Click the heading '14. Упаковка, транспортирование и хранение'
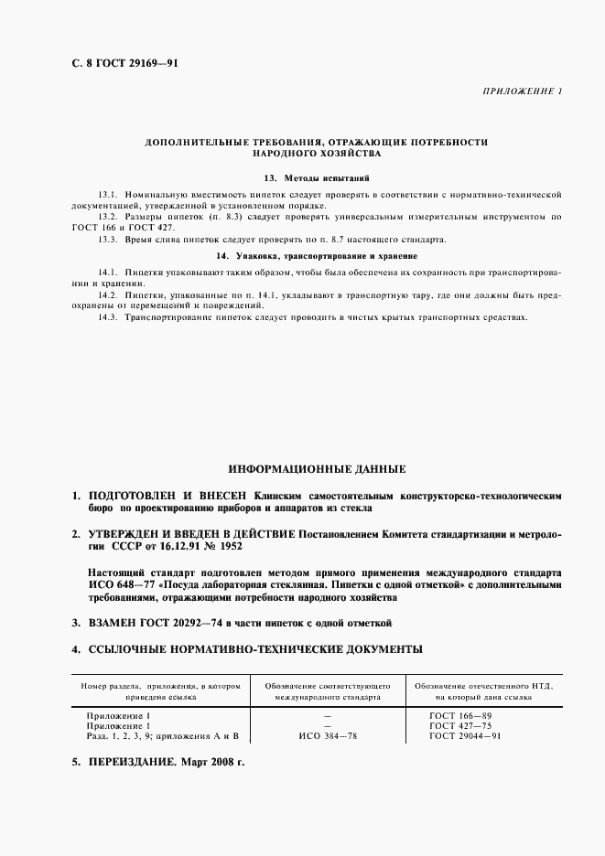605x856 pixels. coord(316,256)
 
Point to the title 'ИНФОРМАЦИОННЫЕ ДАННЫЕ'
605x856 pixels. coord(317,468)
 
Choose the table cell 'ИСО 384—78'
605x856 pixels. coord(328,735)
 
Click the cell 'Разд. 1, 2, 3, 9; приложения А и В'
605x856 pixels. coord(161,735)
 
